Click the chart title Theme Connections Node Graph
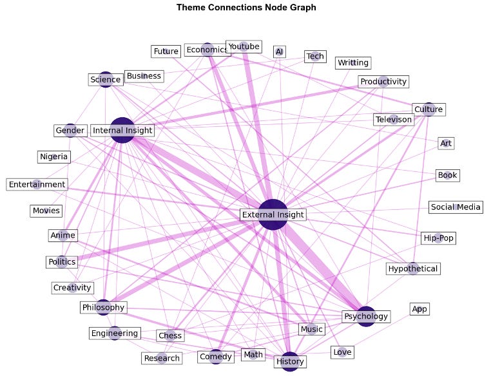(x=247, y=8)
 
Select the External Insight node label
(x=273, y=214)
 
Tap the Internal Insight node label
(x=122, y=131)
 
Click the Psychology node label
(x=366, y=316)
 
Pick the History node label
(x=290, y=361)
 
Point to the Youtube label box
(x=244, y=46)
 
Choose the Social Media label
(x=456, y=207)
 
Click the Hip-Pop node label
(x=438, y=238)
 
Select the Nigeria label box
(x=53, y=156)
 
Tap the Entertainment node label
(x=37, y=184)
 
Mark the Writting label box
(x=353, y=62)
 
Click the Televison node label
(x=394, y=120)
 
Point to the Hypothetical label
(x=413, y=268)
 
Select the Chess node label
(x=170, y=335)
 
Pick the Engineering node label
(x=114, y=334)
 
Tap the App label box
(x=419, y=309)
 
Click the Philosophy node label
(x=103, y=307)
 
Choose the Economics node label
(x=207, y=50)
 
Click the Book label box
(x=448, y=175)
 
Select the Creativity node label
(x=72, y=288)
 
